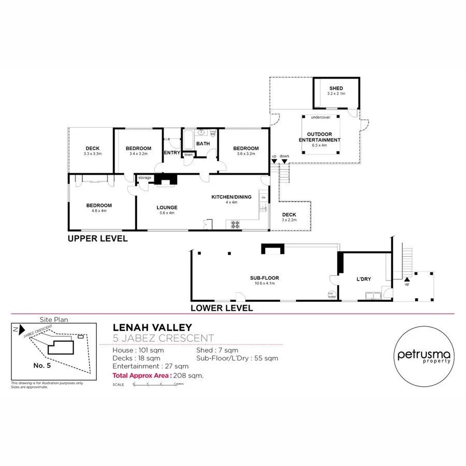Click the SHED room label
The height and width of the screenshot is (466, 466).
336,89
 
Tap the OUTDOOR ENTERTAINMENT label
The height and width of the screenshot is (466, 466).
319,137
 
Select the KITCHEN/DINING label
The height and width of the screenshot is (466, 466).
231,197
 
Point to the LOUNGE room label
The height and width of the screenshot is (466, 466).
167,207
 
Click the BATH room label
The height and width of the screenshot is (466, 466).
202,143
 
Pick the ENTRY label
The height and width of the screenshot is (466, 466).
171,153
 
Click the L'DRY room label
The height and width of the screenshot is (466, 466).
363,280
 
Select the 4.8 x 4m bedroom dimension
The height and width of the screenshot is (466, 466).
98,211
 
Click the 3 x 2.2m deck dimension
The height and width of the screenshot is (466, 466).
289,220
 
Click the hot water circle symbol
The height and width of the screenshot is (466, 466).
331,295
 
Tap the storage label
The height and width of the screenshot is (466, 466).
145,178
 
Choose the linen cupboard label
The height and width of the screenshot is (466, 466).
188,154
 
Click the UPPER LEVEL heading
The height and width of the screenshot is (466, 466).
98,239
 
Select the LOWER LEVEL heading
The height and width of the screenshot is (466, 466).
222,308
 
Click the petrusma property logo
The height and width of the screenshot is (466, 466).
424,356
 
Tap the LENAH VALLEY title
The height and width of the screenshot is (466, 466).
152,327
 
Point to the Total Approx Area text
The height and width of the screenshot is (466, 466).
142,376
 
